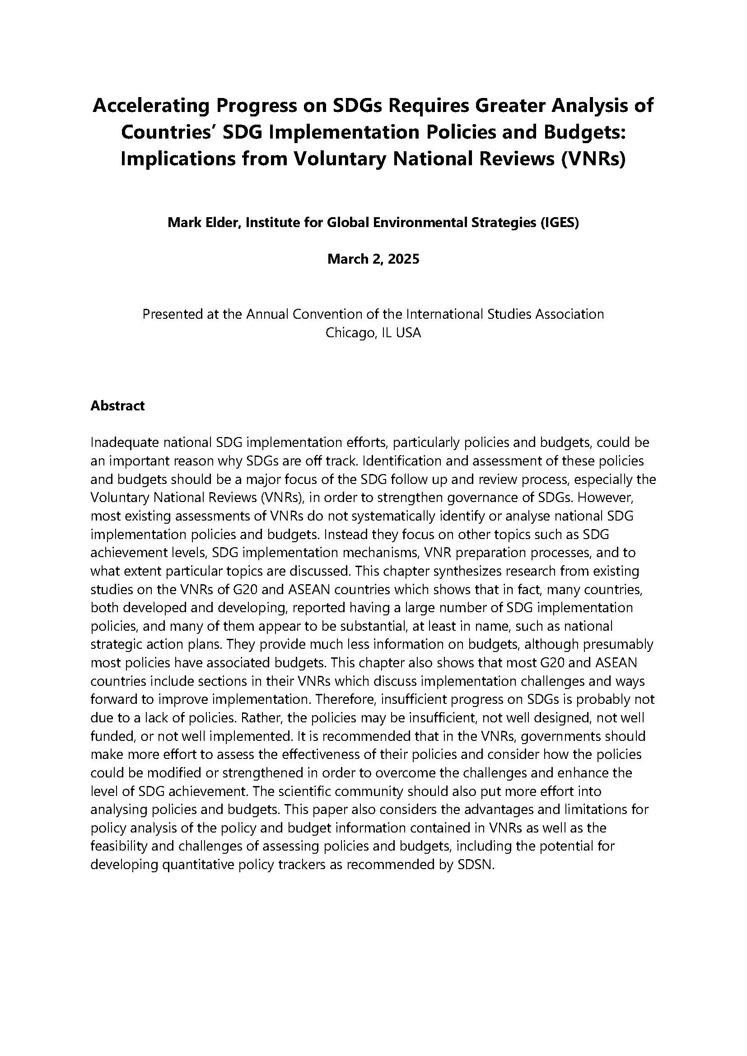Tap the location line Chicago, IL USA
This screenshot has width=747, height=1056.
pyautogui.click(x=373, y=333)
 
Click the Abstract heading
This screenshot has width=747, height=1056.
pyautogui.click(x=117, y=406)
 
